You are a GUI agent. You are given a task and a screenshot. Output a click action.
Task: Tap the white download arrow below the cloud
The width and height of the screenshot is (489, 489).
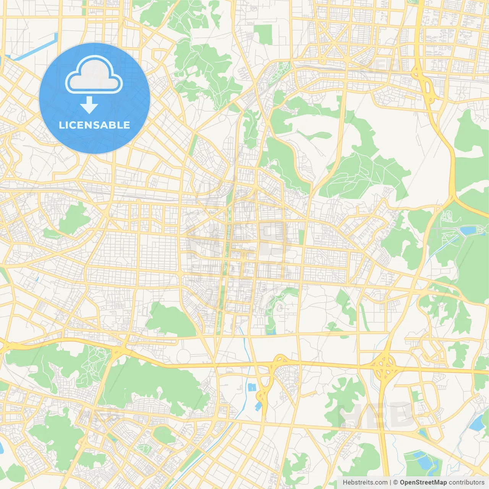[89, 105]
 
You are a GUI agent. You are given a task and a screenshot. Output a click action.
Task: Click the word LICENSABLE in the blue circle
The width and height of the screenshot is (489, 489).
[94, 125]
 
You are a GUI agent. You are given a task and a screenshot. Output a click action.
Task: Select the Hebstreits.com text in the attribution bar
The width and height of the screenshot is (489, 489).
[365, 483]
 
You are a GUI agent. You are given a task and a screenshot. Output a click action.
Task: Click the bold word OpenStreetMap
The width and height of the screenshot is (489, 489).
[423, 483]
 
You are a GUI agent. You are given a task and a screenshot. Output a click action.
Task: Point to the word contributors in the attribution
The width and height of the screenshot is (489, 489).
[466, 483]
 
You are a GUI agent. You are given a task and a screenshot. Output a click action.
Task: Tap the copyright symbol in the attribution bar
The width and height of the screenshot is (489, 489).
[396, 483]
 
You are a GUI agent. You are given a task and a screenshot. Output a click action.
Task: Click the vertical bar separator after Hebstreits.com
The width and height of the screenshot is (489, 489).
[390, 483]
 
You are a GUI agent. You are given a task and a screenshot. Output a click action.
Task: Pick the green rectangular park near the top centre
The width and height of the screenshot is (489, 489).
[264, 34]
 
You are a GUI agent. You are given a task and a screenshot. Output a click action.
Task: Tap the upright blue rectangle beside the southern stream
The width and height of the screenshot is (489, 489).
[252, 387]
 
